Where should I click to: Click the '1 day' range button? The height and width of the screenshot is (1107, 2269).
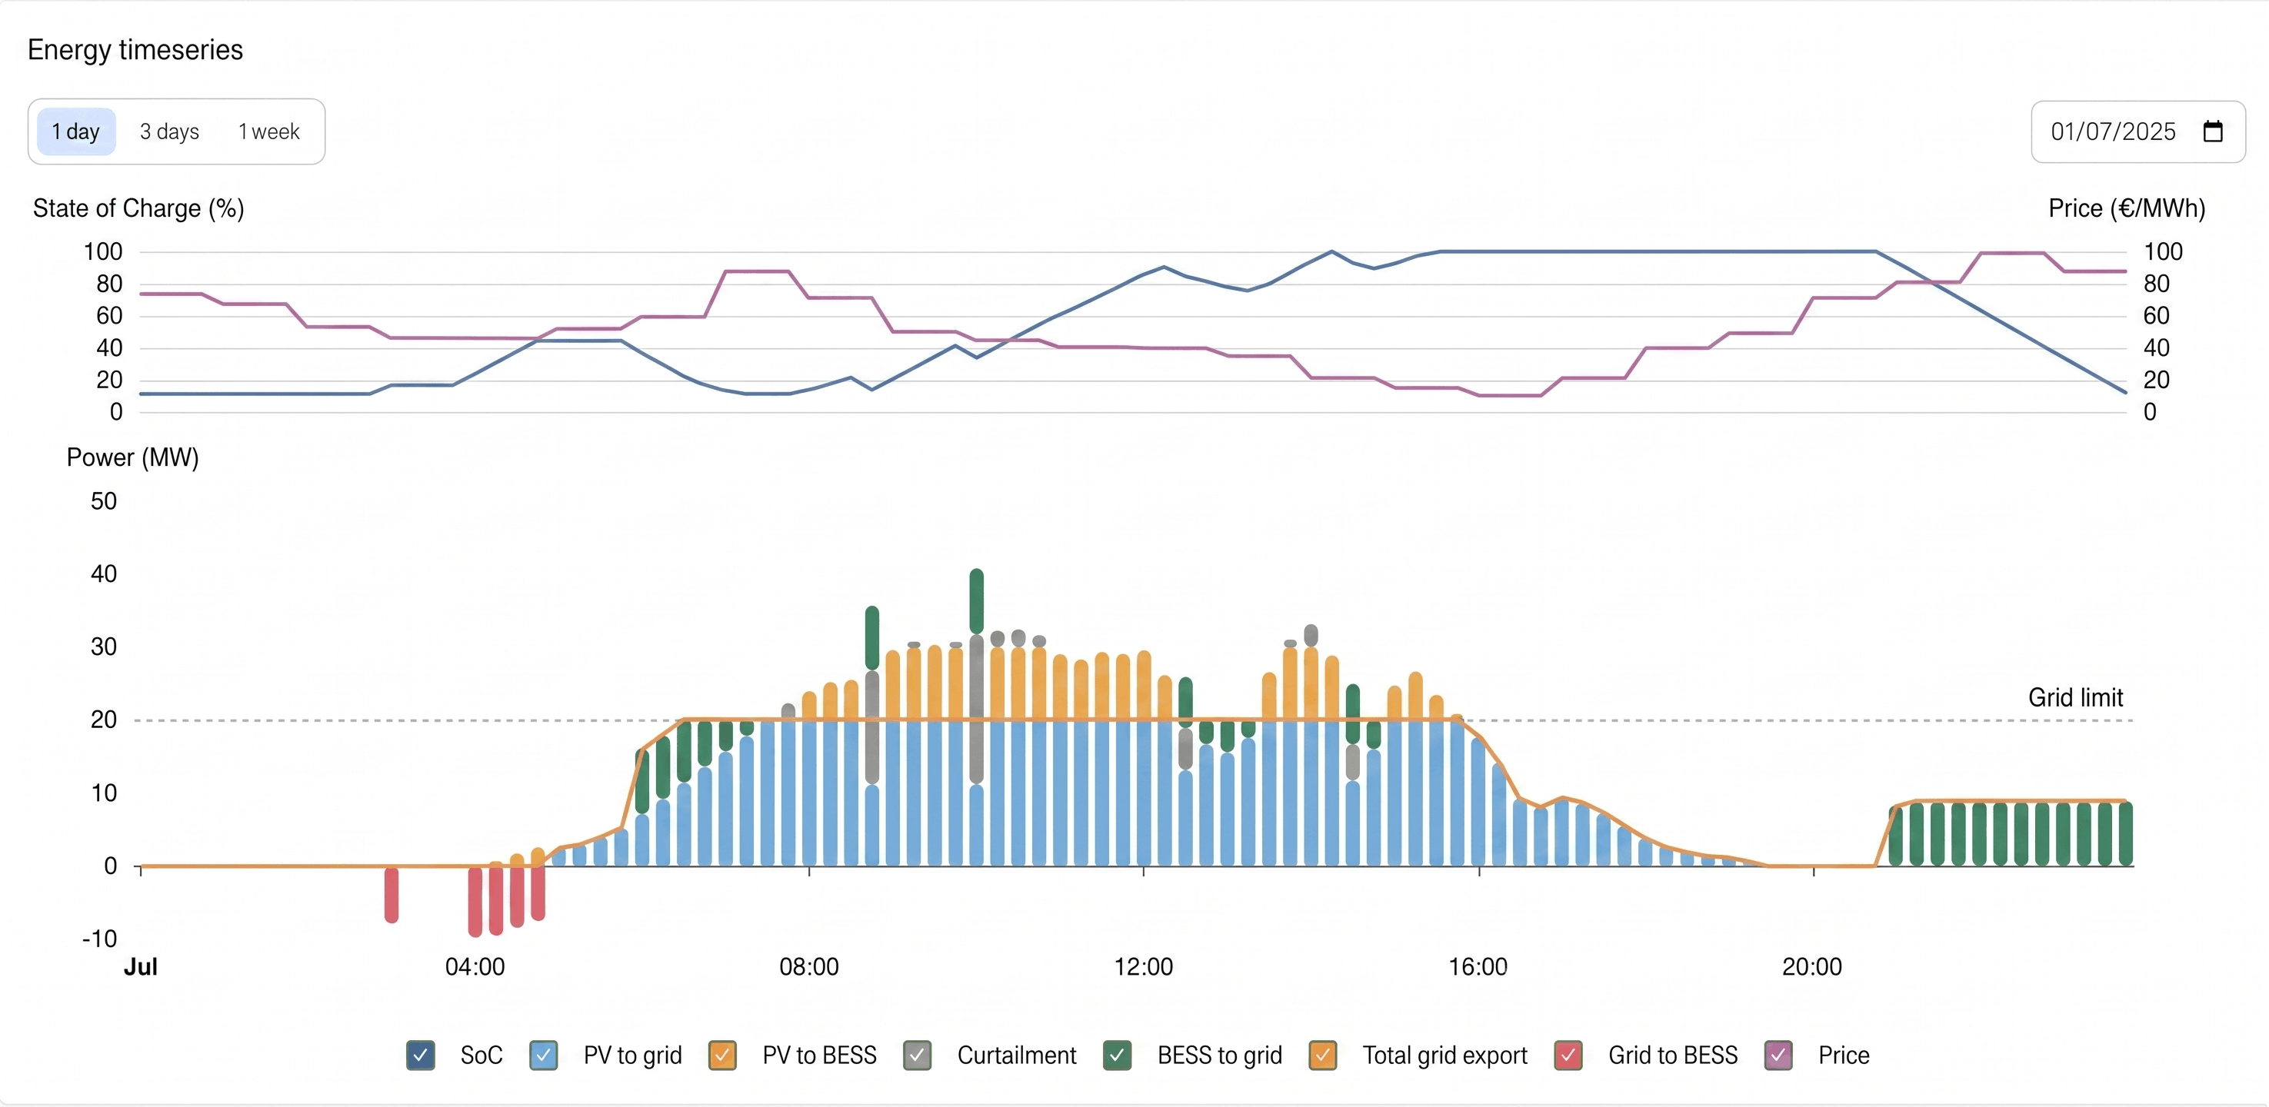click(x=75, y=131)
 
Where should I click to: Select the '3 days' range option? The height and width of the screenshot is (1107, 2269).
click(x=169, y=131)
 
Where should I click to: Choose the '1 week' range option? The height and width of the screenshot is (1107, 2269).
click(x=268, y=131)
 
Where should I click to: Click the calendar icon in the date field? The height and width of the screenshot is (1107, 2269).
click(x=2212, y=131)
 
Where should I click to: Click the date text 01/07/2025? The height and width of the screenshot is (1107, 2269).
click(x=2112, y=131)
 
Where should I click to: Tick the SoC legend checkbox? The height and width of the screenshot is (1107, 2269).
click(x=420, y=1055)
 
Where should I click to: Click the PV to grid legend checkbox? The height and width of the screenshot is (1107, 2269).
click(x=544, y=1055)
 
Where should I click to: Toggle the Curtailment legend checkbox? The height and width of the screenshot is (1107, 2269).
click(x=917, y=1055)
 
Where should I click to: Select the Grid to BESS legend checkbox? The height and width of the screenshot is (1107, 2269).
click(x=1568, y=1055)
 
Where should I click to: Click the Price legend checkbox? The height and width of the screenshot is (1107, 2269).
click(x=1778, y=1055)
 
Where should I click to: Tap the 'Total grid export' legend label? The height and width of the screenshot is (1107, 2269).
click(x=1444, y=1055)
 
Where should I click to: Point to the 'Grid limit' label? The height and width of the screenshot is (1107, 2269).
click(x=2075, y=697)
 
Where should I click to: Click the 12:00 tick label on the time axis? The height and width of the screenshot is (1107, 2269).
click(x=1143, y=967)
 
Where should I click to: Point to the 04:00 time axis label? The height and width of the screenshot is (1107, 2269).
click(x=475, y=967)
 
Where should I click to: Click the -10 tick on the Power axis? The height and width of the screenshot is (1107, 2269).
click(x=99, y=939)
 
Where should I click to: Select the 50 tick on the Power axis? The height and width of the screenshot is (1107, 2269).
click(x=103, y=501)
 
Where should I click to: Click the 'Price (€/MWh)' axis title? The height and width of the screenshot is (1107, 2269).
click(x=2126, y=209)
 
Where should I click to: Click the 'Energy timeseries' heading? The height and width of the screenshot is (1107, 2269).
click(x=135, y=50)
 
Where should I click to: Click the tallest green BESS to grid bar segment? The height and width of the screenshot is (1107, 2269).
click(x=976, y=600)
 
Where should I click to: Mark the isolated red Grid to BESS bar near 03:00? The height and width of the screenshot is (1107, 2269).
click(x=391, y=894)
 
